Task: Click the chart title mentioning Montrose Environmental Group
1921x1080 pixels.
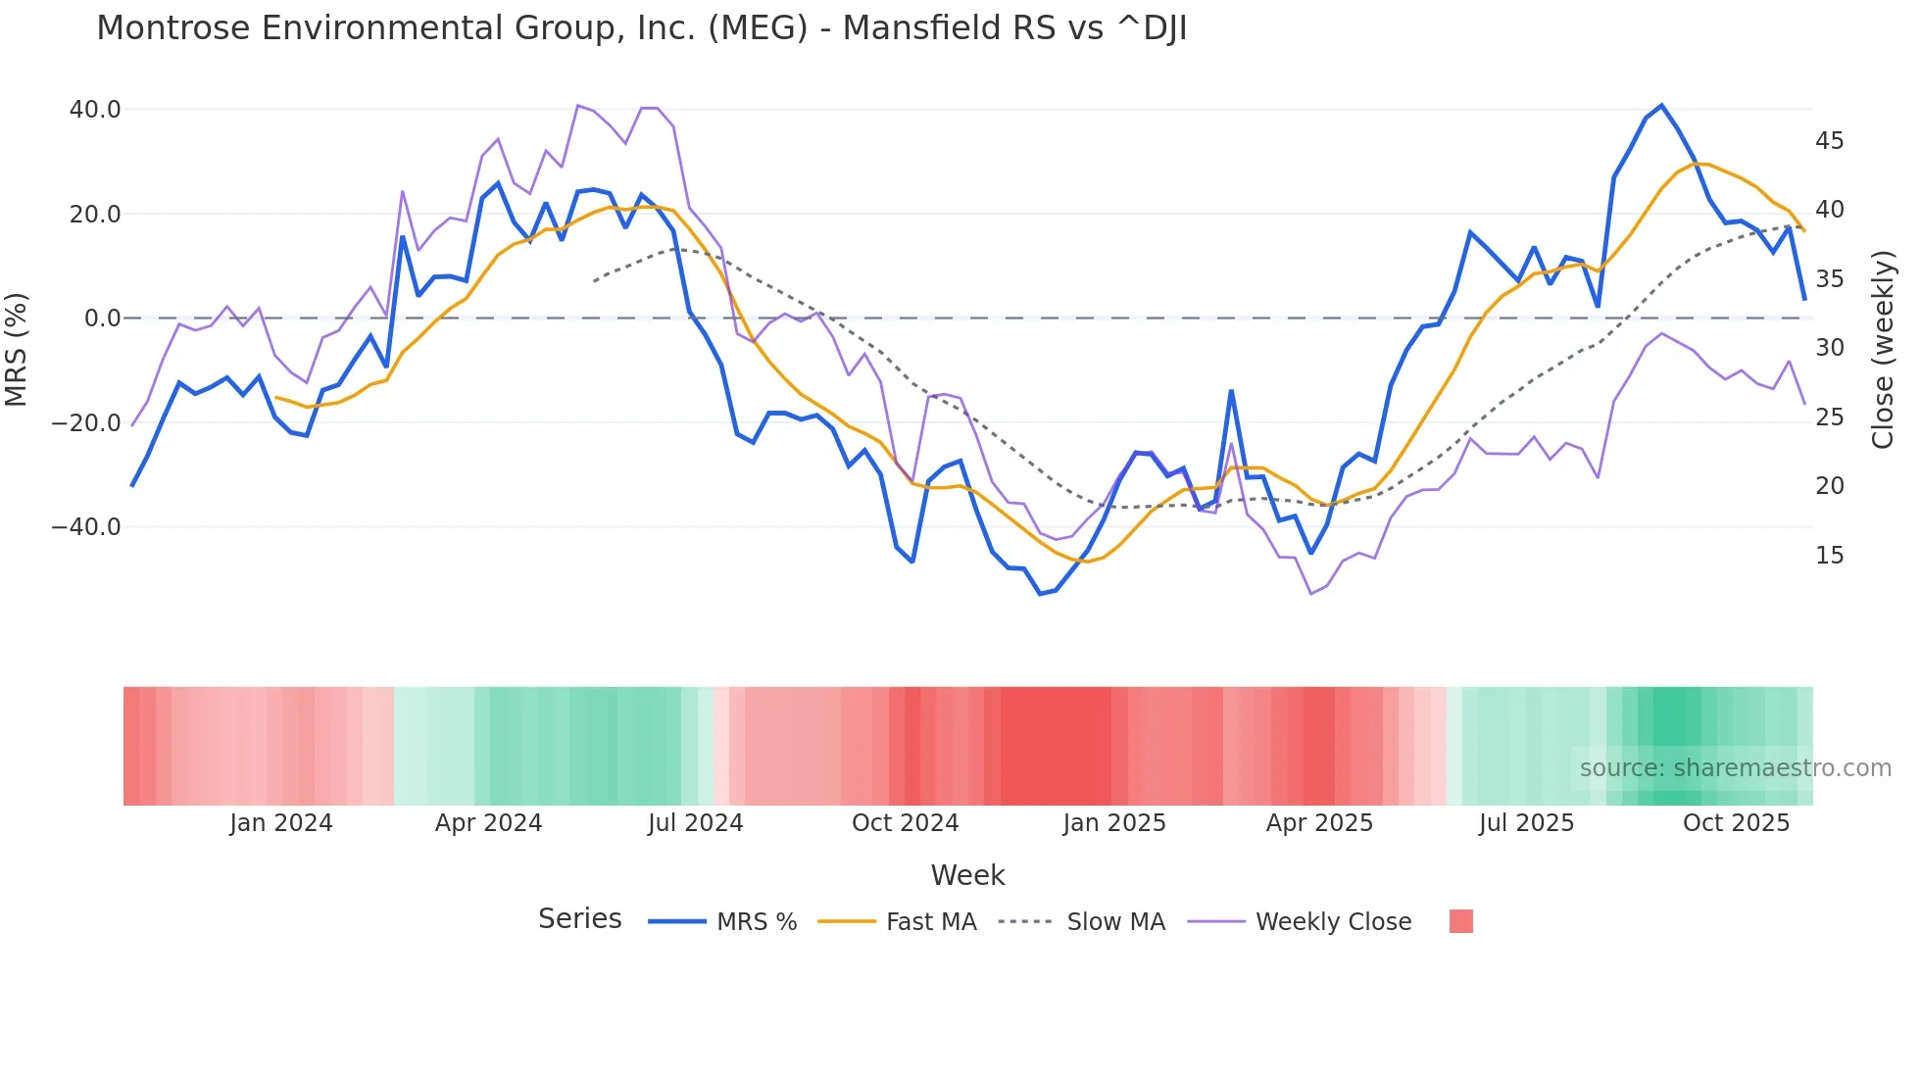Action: (641, 28)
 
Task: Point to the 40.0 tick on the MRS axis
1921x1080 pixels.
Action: (95, 110)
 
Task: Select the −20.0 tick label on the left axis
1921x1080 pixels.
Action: (86, 423)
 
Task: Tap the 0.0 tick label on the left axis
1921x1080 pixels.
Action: (102, 319)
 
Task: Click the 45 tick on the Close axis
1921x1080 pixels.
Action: (1829, 141)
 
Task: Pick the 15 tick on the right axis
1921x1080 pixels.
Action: (1829, 556)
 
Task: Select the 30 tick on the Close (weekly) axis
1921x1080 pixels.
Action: (1829, 348)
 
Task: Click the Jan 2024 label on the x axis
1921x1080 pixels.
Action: (281, 823)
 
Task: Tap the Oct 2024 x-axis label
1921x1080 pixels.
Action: (905, 823)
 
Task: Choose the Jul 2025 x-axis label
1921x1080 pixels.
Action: (1526, 823)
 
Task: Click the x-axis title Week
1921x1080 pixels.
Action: (967, 875)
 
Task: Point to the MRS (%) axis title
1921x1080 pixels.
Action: (17, 349)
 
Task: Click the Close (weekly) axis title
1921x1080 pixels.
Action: (1883, 350)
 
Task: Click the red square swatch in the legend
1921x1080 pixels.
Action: (1460, 921)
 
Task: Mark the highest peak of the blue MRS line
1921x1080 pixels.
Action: (1661, 105)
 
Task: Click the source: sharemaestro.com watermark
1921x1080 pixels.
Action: (1735, 768)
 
